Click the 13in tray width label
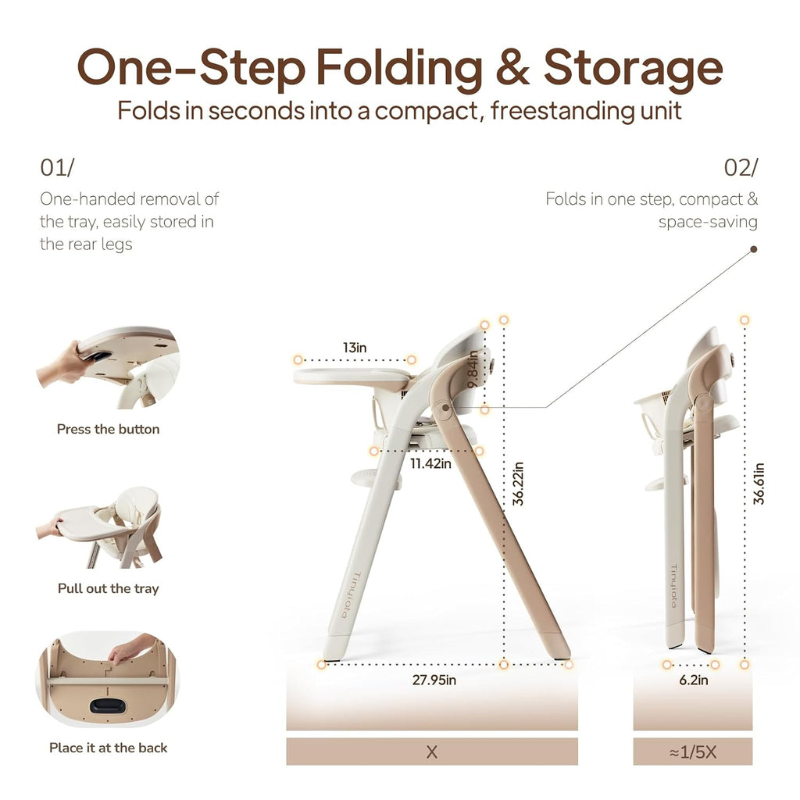[355, 348]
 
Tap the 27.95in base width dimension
[434, 680]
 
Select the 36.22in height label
[519, 484]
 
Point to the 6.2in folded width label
[694, 680]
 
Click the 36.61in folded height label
[759, 484]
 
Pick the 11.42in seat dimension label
[430, 463]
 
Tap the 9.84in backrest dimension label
[473, 369]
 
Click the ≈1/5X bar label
[693, 752]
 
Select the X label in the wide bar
[431, 752]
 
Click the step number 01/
[57, 167]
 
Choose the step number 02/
[741, 167]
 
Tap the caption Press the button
[108, 429]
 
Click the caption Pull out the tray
[108, 589]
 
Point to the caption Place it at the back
[108, 748]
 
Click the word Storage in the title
[633, 69]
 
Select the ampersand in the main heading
[512, 67]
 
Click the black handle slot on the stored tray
[108, 706]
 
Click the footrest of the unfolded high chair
[374, 478]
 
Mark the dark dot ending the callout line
[754, 249]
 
